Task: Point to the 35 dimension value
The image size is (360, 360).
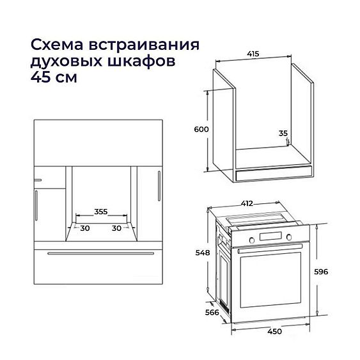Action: point(283,134)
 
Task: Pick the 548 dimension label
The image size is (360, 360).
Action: point(203,253)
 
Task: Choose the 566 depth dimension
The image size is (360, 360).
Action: point(205,313)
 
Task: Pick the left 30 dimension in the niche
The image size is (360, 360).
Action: point(84,228)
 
